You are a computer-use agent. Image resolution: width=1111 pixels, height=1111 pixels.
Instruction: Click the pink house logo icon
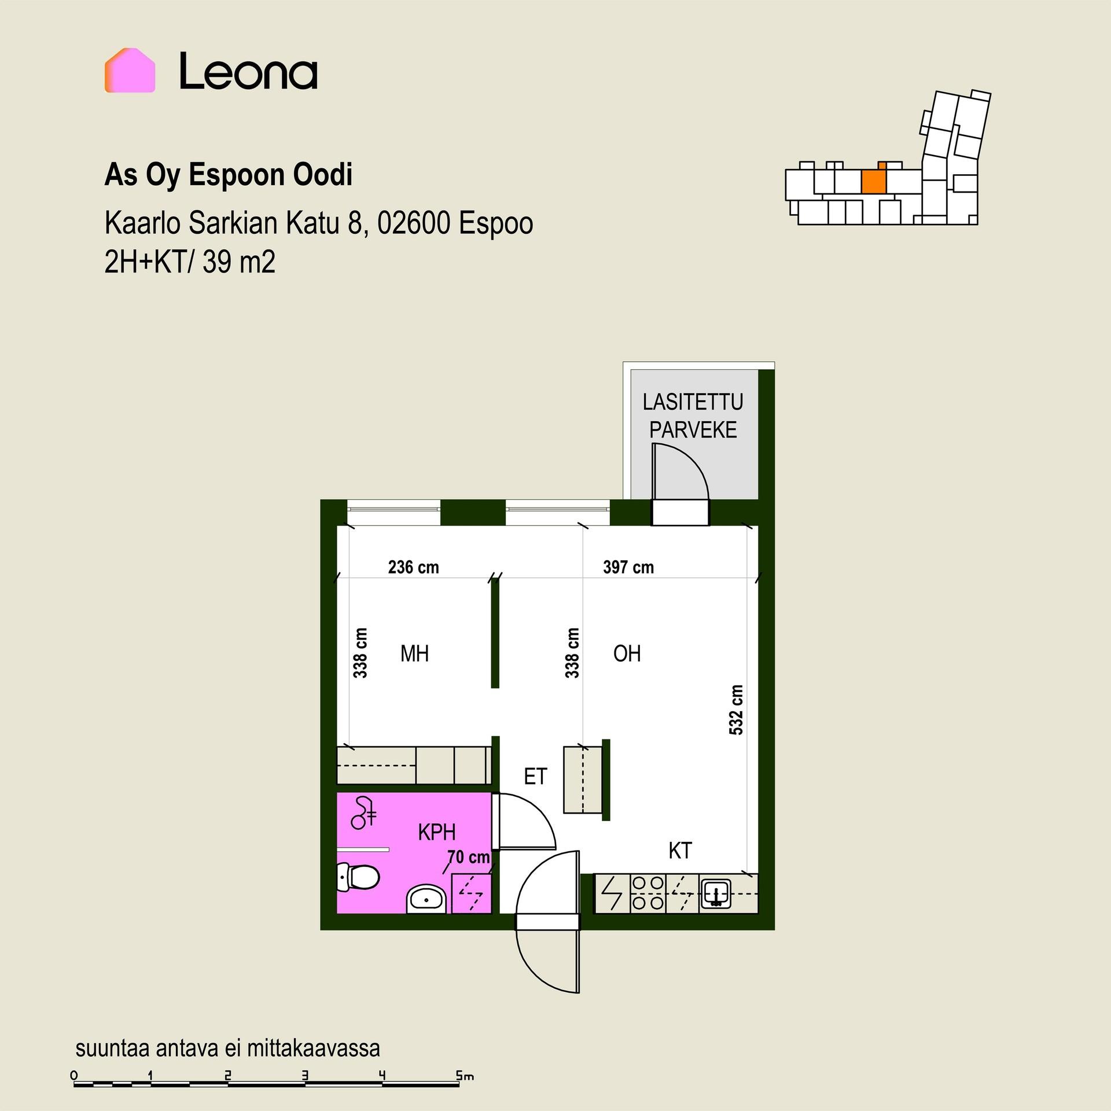pos(130,70)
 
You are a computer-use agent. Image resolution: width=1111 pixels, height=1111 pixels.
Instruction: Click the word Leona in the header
pos(248,71)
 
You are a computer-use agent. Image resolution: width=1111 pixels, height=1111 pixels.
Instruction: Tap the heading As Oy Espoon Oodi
pos(228,175)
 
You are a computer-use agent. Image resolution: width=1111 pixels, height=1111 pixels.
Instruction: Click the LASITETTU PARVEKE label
pos(693,416)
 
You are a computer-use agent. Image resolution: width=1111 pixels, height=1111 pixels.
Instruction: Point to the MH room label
pos(415,654)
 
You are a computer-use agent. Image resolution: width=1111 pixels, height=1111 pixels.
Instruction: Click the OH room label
pos(627,654)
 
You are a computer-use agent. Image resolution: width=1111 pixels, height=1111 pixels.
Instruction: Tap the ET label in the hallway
pos(535,777)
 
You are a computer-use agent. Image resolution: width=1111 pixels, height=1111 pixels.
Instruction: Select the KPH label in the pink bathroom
pos(437,833)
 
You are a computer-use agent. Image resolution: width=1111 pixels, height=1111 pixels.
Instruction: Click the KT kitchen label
pos(680,851)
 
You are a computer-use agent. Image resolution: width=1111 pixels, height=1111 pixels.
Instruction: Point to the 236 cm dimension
pos(413,567)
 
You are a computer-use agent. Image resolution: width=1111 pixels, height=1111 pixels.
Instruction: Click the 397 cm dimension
pos(628,567)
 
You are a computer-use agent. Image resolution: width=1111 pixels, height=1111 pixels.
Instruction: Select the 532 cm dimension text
pos(735,710)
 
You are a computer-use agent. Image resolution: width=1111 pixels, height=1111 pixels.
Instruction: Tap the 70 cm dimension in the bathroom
pos(469,857)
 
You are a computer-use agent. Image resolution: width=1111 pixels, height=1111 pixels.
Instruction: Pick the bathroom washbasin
pos(426,899)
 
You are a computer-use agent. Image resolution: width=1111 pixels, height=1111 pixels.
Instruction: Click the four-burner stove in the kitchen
pos(648,893)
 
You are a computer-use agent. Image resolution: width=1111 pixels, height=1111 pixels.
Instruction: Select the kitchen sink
pos(716,893)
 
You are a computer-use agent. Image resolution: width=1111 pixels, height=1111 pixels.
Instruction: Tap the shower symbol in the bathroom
pos(363,812)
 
